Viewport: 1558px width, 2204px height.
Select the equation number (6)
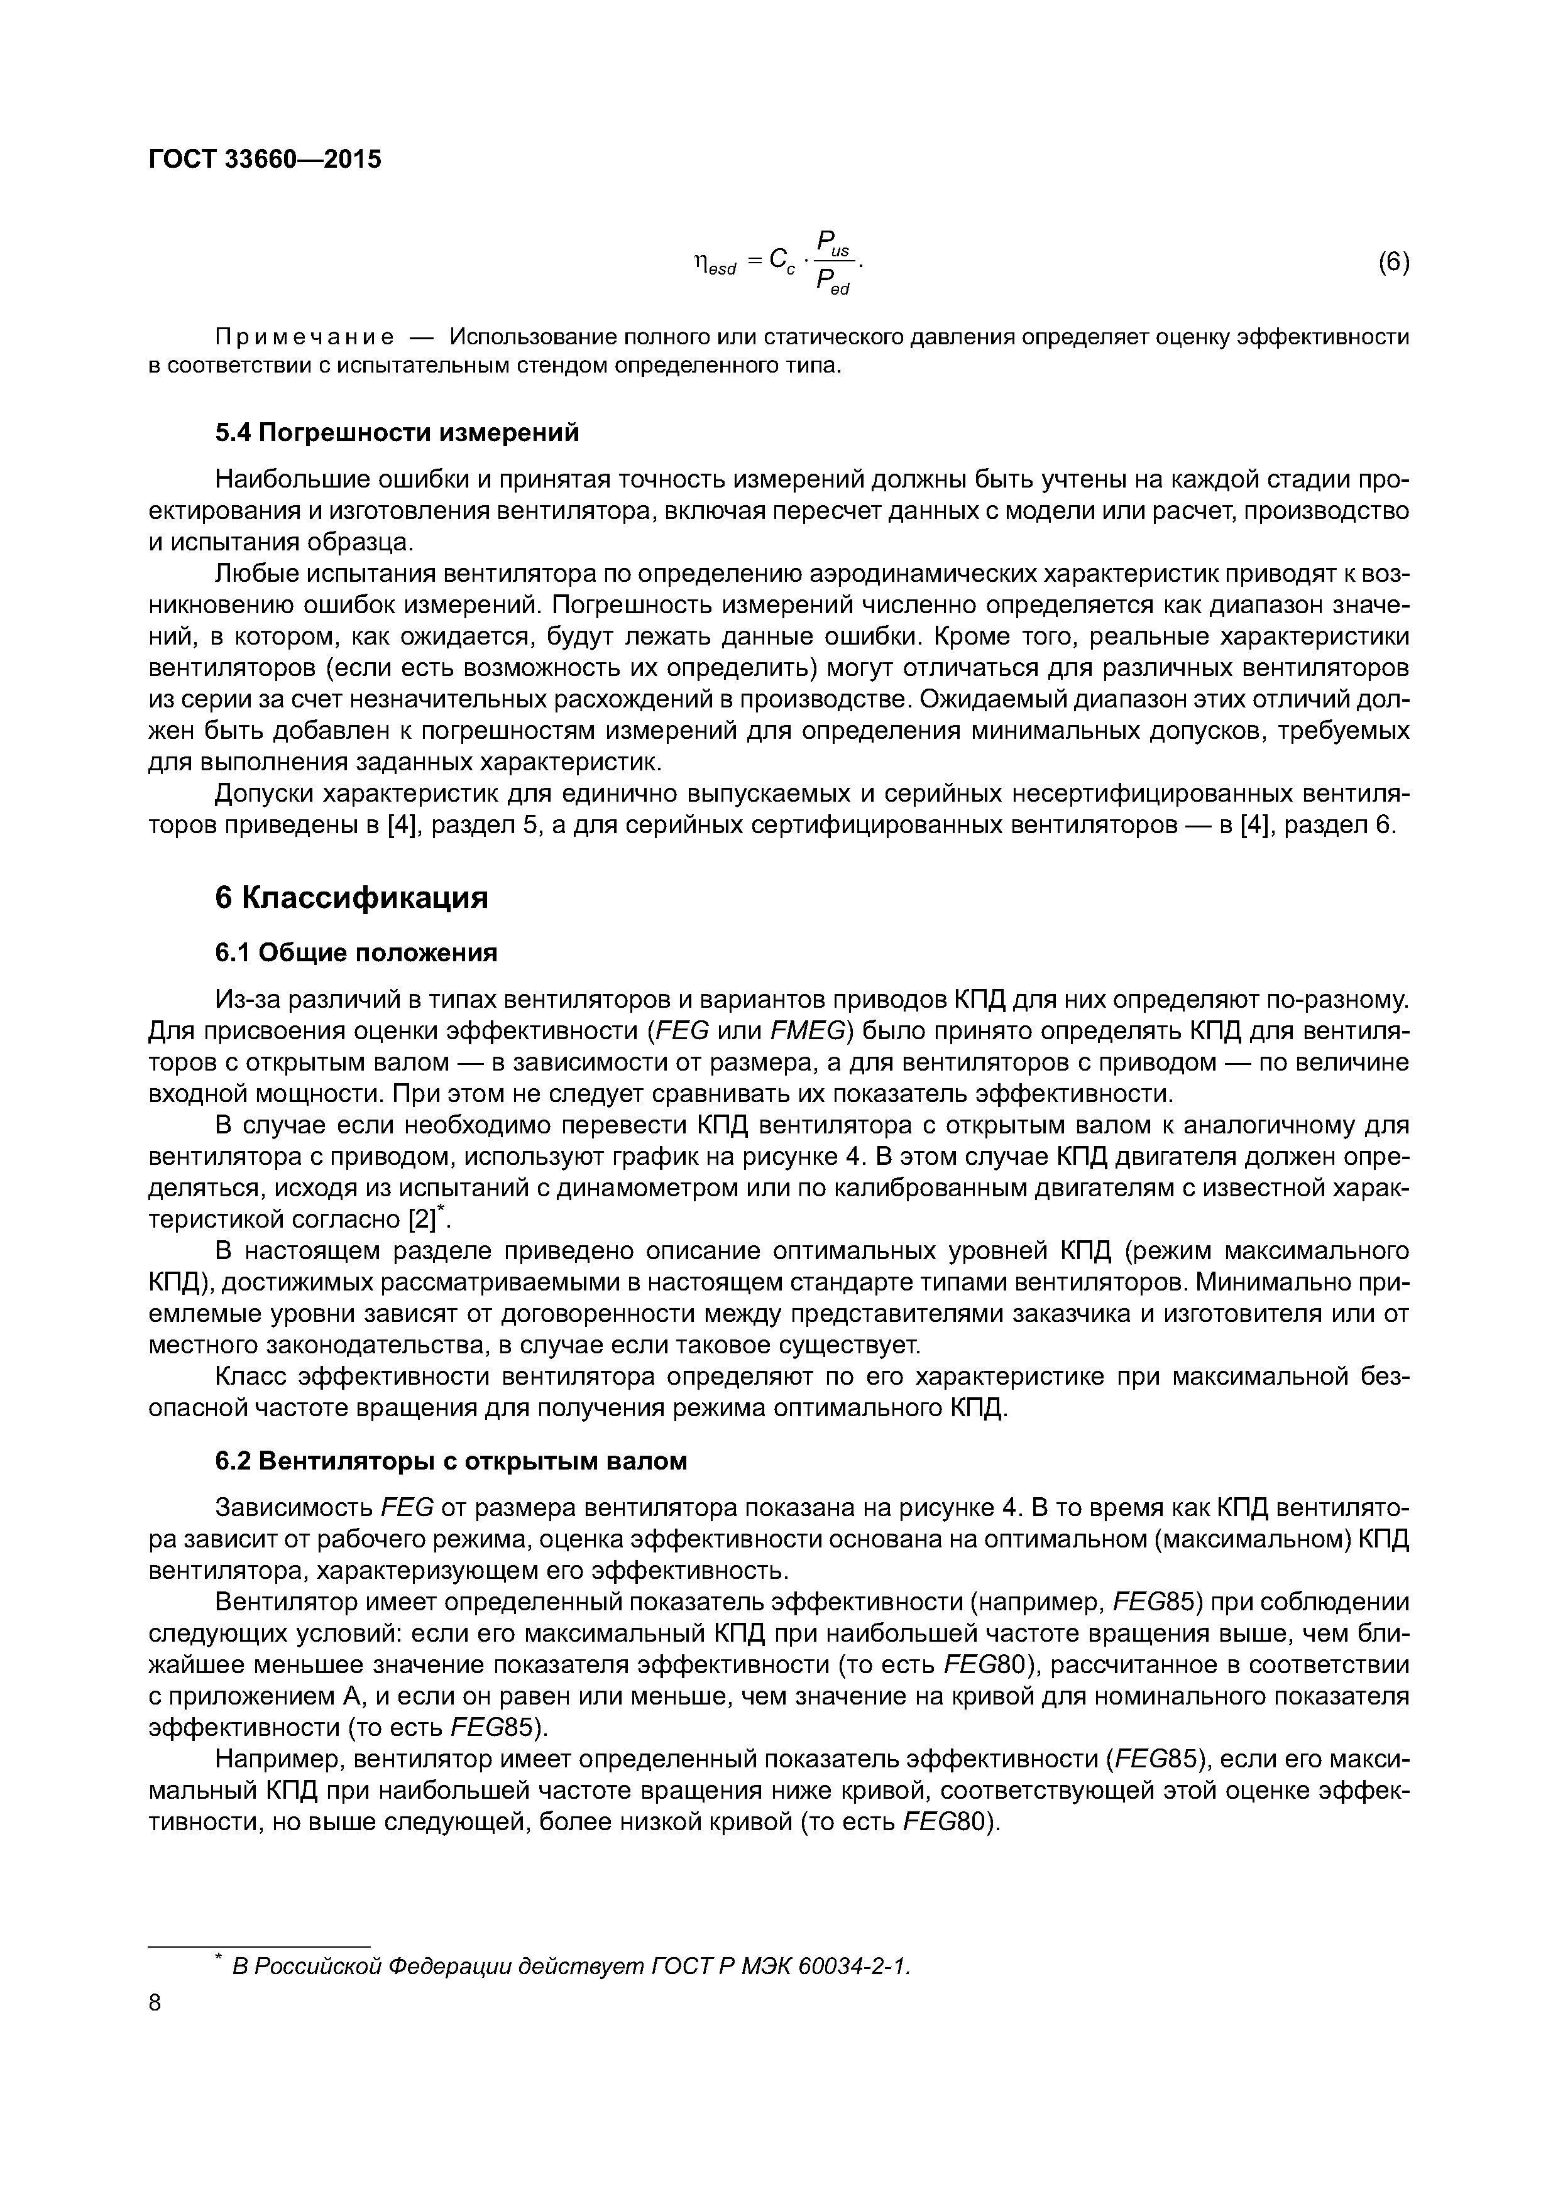(x=1393, y=262)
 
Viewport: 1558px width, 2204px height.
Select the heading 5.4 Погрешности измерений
(x=397, y=433)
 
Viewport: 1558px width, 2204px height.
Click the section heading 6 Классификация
(x=351, y=898)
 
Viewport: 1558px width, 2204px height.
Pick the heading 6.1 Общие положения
(x=355, y=952)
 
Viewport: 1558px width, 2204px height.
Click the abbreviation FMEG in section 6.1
(x=806, y=1031)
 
